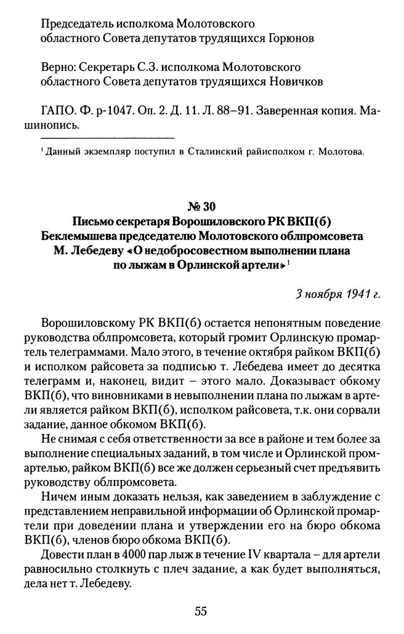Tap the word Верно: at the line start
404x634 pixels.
pyautogui.click(x=56, y=66)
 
